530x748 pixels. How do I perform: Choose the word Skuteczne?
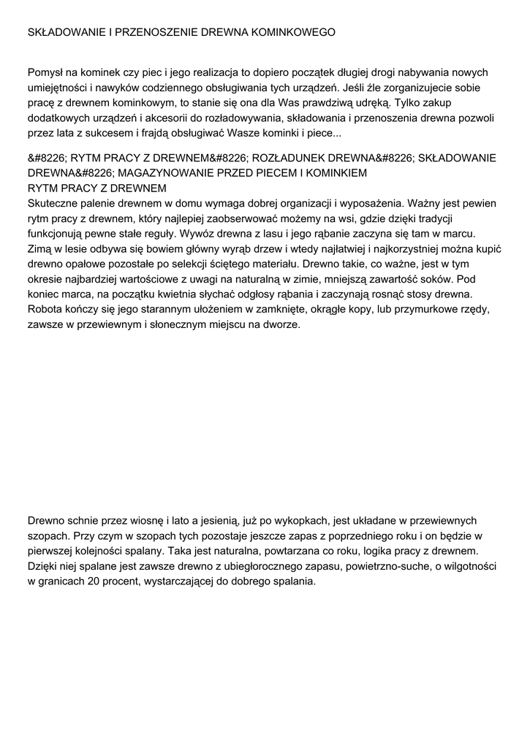(x=54, y=202)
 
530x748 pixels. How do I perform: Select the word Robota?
(x=46, y=310)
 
